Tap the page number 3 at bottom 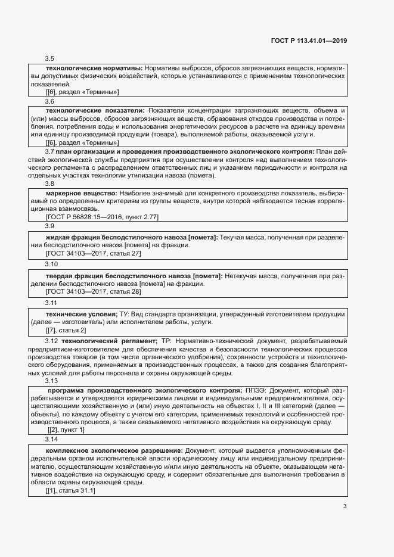tap(345, 507)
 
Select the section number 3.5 tap(50, 58)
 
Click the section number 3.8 tap(50, 184)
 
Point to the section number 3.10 tap(52, 263)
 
